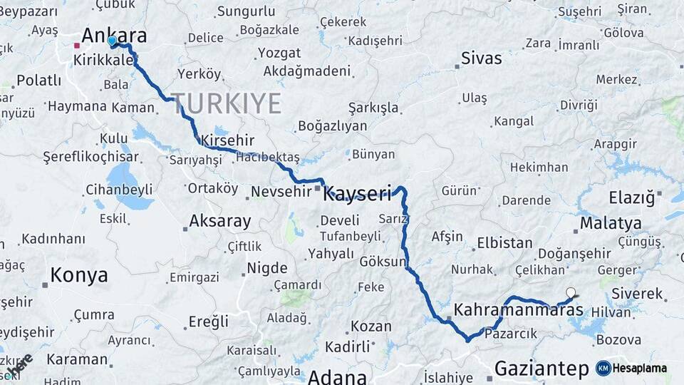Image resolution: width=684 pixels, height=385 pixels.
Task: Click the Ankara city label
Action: (114, 36)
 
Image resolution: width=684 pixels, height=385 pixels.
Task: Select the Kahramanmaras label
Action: (519, 310)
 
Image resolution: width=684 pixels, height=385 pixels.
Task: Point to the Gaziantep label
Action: (541, 369)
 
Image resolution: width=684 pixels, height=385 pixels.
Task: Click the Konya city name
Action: (79, 275)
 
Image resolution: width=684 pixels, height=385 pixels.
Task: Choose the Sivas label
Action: (481, 58)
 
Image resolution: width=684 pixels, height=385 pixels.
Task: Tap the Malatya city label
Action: (610, 223)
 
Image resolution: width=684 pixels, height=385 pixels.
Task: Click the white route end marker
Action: (570, 292)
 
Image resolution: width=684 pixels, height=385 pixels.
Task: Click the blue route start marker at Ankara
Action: (112, 41)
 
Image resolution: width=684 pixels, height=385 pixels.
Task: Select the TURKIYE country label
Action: (226, 104)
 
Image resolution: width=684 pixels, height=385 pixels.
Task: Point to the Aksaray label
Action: (220, 221)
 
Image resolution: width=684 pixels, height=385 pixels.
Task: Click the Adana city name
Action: (337, 376)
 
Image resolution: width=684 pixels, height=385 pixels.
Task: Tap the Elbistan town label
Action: (504, 242)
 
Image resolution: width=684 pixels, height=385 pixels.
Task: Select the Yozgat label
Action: (279, 53)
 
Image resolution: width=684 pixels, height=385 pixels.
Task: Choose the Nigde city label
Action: (266, 269)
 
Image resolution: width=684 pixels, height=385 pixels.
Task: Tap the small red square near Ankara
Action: (76, 46)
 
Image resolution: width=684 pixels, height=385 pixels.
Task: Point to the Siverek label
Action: (636, 294)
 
